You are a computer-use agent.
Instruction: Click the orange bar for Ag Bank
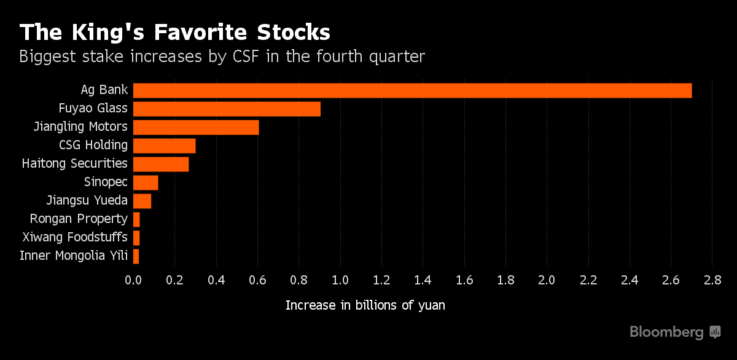(x=412, y=90)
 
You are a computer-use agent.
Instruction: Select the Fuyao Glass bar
(x=227, y=109)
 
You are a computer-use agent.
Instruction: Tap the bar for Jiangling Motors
(x=196, y=127)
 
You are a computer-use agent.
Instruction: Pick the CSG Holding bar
(x=164, y=146)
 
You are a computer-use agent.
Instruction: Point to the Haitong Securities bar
(x=161, y=164)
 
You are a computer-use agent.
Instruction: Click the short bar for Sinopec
(x=146, y=182)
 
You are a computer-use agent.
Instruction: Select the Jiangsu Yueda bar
(x=142, y=201)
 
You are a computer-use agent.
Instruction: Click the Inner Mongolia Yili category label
(x=74, y=256)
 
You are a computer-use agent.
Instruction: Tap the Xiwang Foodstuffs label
(x=75, y=237)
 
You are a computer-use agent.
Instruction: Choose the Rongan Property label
(x=79, y=219)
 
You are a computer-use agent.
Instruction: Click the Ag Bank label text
(x=104, y=90)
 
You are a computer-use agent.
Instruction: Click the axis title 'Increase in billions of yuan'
(x=365, y=305)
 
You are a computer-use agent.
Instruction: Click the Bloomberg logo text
(x=666, y=332)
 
